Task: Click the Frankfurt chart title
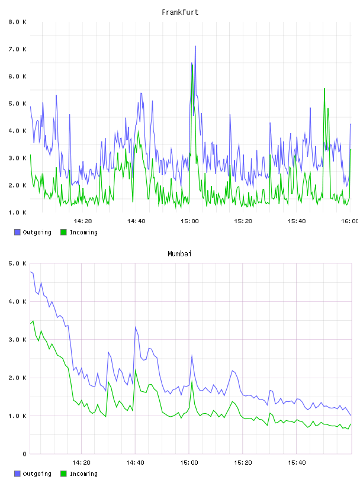coord(180,12)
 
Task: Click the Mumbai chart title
coord(179,254)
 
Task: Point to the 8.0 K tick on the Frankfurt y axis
coord(17,22)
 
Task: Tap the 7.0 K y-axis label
coord(17,49)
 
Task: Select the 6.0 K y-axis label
coord(17,76)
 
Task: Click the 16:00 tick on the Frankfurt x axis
coord(350,221)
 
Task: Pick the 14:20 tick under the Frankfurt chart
coord(83,221)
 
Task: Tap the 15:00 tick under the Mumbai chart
coord(189,462)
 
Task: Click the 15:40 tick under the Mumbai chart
coord(297,462)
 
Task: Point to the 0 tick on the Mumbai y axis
coord(24,454)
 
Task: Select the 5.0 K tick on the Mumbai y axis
coord(17,263)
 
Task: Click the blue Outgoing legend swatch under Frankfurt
coord(17,232)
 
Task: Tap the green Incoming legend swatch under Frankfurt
coord(63,232)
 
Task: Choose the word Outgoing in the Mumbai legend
coord(37,474)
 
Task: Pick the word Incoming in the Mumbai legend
coord(83,474)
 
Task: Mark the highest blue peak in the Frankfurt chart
coord(195,46)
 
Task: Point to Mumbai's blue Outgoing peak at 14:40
coord(136,327)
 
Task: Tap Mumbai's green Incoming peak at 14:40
coord(136,370)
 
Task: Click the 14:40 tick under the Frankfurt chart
coord(136,221)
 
